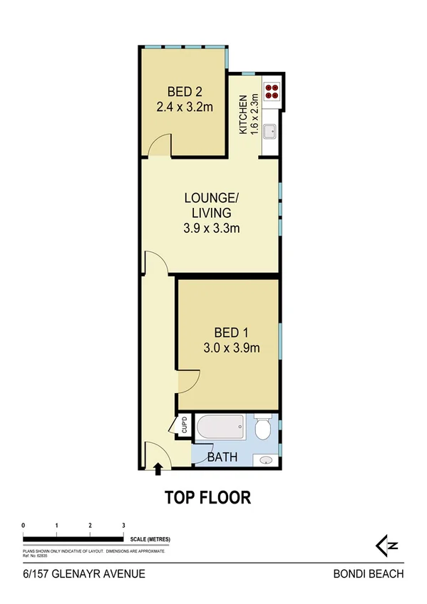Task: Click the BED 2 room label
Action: point(185,91)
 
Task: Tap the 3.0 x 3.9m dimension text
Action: point(231,348)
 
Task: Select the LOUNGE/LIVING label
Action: point(210,205)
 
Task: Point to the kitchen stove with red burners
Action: point(272,90)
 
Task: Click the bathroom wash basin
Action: point(267,459)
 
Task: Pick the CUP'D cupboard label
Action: point(184,425)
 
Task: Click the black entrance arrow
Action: point(158,468)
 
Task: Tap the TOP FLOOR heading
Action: point(208,497)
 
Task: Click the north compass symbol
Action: point(386,546)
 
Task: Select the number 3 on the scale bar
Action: point(123,525)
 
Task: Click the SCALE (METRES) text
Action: point(150,538)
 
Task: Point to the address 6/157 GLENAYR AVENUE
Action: point(83,573)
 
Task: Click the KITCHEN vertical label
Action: point(244,115)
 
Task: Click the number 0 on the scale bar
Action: point(24,525)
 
